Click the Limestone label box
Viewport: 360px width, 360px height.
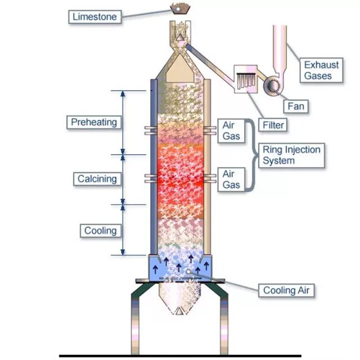(x=95, y=17)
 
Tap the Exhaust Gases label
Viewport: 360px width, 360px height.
(x=322, y=70)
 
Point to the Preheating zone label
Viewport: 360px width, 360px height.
(x=94, y=121)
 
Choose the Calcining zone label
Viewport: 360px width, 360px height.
(x=97, y=179)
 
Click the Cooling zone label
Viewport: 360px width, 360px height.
(x=101, y=231)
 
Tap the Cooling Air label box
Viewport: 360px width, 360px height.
(x=286, y=290)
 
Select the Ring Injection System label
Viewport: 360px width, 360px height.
(x=291, y=155)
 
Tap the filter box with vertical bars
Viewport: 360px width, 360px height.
(x=246, y=77)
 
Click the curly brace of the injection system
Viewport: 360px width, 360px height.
(x=251, y=155)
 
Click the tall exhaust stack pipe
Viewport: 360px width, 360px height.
(x=280, y=45)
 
